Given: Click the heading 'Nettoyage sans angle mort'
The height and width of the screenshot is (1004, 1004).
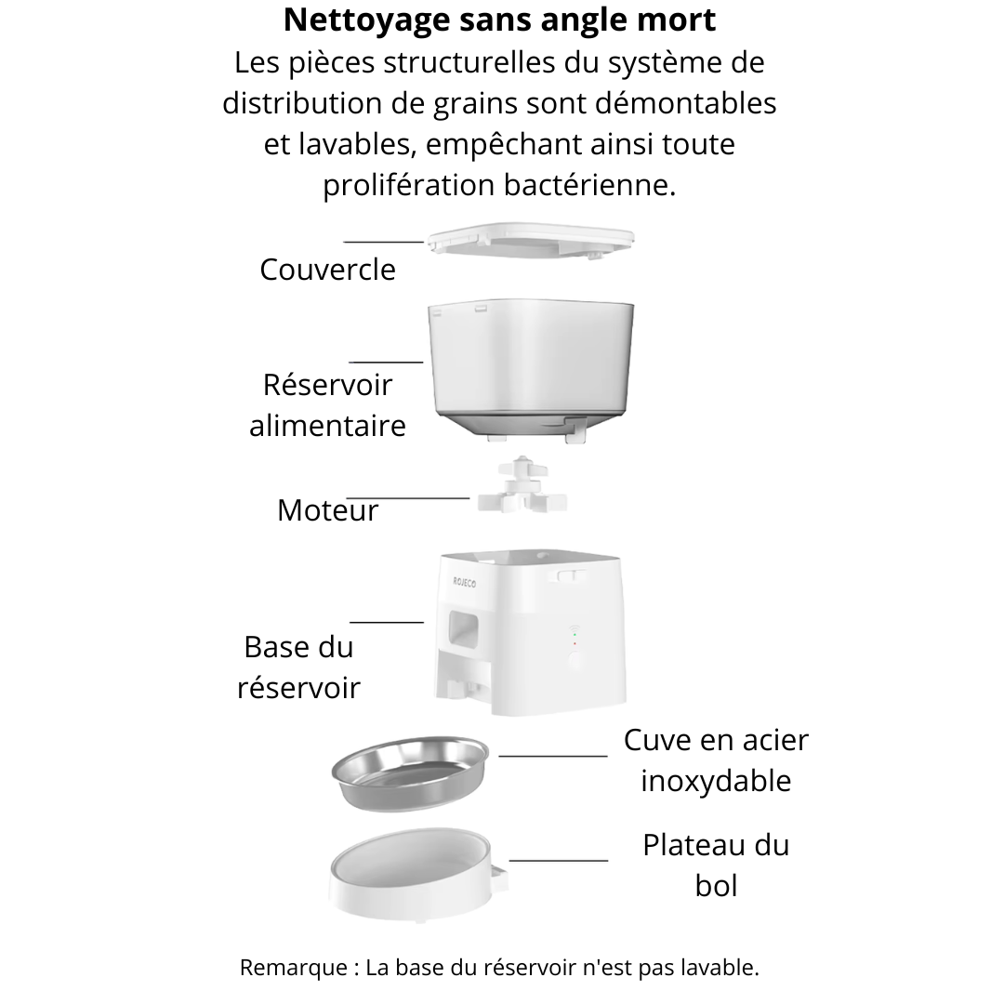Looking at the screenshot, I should point(500,20).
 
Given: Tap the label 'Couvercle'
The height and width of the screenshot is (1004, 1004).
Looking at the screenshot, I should point(327,270).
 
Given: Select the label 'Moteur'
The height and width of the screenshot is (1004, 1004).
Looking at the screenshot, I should point(327,510).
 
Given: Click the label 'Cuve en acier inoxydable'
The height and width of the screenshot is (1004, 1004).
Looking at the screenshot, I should point(716,760).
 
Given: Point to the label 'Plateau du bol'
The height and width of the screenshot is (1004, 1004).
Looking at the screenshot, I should point(716,865).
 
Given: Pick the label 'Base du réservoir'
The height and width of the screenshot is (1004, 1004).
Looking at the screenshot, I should point(298,667).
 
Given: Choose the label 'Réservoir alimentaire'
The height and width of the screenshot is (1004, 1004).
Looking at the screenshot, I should point(327,405).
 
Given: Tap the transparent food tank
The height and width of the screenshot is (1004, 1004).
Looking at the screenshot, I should point(533,367).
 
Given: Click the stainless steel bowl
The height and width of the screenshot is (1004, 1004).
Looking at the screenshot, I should point(410,771).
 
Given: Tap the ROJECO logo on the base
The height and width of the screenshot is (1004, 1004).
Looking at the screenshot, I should point(464,582).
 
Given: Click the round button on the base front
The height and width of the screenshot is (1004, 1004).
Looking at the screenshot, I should point(575,661).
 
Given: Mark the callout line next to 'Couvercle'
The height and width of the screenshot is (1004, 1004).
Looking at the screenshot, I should point(383,241).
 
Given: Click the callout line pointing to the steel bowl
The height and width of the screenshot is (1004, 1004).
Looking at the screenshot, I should point(552,756).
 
